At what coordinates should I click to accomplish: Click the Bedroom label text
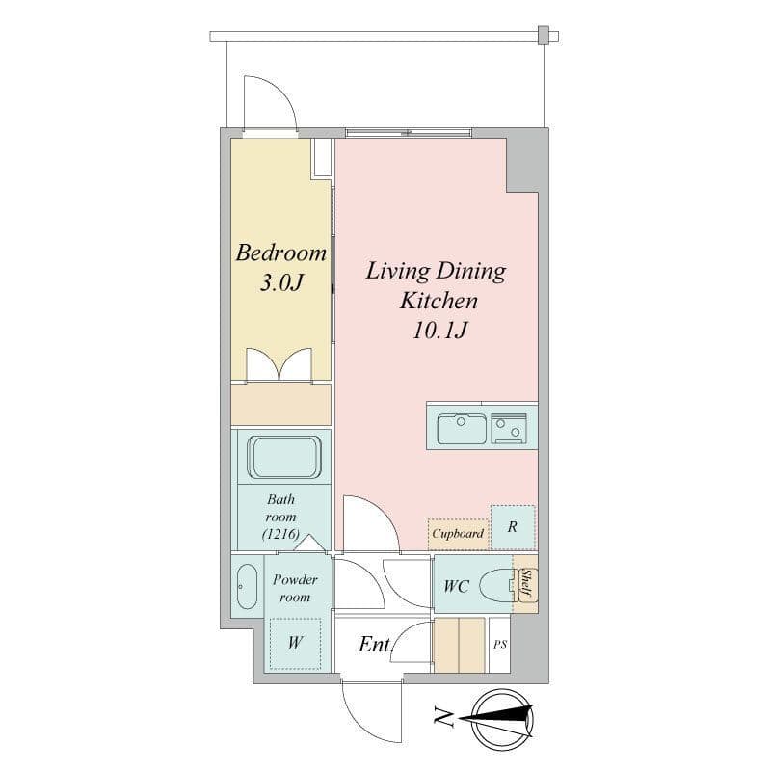click(281, 253)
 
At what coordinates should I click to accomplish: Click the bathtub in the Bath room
click(284, 457)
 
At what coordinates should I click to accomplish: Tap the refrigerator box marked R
click(513, 527)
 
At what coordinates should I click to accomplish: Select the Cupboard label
click(458, 533)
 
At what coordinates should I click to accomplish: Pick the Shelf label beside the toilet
click(525, 583)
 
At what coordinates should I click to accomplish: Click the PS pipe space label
click(499, 645)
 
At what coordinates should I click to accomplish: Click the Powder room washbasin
click(247, 586)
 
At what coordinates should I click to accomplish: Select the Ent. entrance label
click(375, 645)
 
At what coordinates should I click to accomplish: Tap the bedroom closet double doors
click(279, 365)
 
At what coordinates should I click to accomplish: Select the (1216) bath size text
click(281, 535)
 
